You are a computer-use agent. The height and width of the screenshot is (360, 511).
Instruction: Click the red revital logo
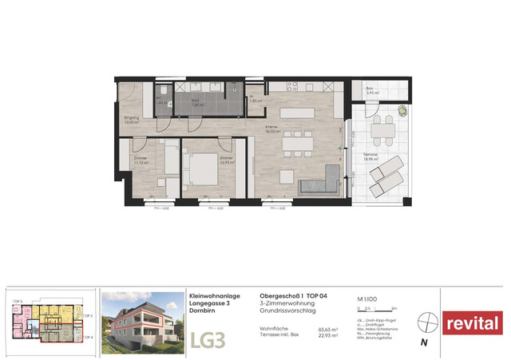(473, 323)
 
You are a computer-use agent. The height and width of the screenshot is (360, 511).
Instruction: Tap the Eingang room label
(131, 120)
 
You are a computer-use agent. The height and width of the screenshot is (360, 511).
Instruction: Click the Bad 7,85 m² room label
(196, 102)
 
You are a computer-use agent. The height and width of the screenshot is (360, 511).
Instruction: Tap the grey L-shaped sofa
(320, 185)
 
